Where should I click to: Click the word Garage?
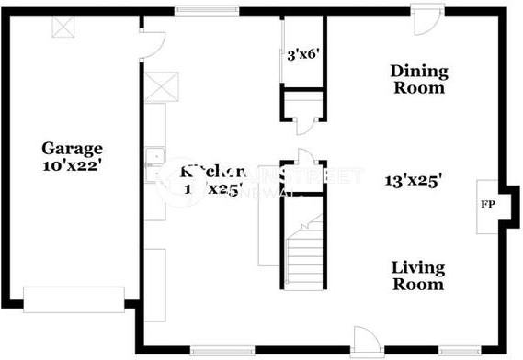71,148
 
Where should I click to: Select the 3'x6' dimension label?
301,54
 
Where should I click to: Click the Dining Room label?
418,80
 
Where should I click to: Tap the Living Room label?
418,276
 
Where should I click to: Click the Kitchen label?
214,172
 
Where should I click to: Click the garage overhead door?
74,299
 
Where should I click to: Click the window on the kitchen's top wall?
203,11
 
